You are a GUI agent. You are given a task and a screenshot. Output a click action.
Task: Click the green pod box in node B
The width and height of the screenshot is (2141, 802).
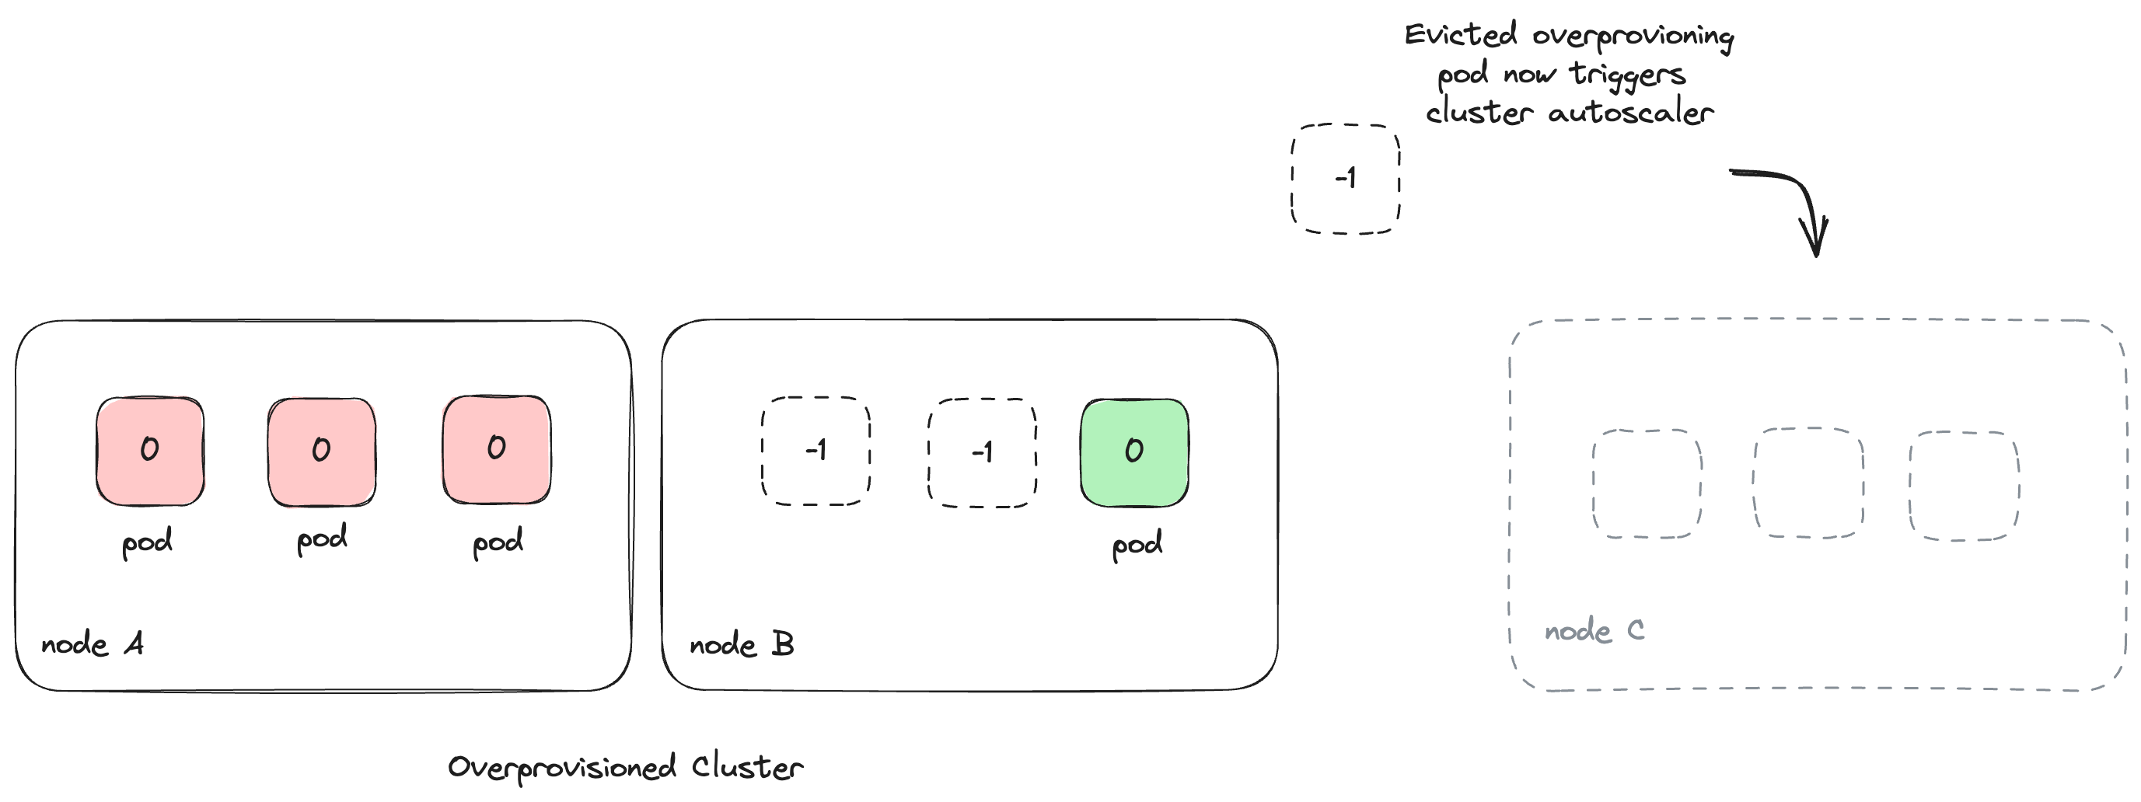click(x=1134, y=453)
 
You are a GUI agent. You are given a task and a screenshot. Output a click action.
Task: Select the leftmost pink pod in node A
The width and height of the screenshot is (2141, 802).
click(x=149, y=452)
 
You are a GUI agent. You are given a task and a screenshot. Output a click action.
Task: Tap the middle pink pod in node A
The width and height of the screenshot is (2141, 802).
click(x=322, y=452)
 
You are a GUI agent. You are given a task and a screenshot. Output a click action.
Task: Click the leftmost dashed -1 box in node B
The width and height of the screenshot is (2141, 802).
click(x=816, y=452)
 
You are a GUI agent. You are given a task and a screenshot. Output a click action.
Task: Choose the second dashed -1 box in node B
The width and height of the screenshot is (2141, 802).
click(x=982, y=453)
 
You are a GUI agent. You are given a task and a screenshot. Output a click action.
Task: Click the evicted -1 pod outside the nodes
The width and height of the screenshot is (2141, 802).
click(x=1345, y=179)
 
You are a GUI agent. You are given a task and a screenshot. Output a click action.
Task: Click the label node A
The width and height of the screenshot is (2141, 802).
click(x=93, y=644)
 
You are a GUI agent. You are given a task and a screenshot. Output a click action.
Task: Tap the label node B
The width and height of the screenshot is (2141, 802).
click(x=742, y=644)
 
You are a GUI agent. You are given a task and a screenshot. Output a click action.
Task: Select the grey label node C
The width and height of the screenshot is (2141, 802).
click(x=1593, y=631)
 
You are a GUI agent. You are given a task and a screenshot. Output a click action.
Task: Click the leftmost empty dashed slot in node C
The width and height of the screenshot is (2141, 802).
click(x=1647, y=483)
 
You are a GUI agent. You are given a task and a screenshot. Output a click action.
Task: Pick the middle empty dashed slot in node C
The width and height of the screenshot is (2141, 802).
click(x=1808, y=483)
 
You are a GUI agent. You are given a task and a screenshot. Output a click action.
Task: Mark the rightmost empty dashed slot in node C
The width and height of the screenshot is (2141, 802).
click(x=1964, y=486)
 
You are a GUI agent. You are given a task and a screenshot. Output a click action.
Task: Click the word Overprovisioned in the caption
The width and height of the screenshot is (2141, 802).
click(x=562, y=767)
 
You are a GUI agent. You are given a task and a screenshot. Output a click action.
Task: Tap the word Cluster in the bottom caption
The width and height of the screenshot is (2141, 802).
click(x=747, y=766)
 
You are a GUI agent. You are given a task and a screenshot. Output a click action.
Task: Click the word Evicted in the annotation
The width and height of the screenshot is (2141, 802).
click(x=1460, y=35)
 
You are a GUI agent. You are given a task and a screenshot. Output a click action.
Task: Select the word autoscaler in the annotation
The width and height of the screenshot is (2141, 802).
click(x=1630, y=112)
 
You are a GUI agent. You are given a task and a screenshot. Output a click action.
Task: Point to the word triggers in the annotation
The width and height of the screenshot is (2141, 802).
click(x=1626, y=75)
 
